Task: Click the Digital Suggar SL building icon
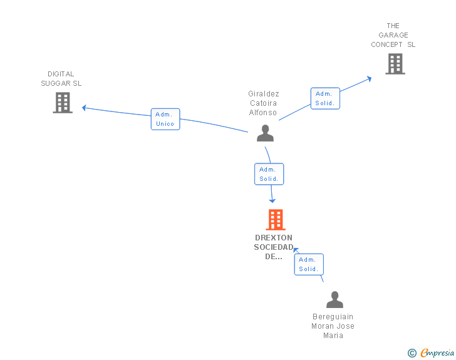click(63, 103)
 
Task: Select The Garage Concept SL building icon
click(395, 64)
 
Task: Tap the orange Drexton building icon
click(275, 220)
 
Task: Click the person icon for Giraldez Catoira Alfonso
click(265, 133)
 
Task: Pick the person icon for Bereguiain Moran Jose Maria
click(334, 300)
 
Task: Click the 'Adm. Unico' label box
click(165, 119)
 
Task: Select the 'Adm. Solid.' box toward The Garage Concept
click(325, 98)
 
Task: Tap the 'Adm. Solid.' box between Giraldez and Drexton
click(269, 174)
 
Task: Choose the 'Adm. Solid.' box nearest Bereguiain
click(308, 264)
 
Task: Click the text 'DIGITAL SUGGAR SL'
click(61, 79)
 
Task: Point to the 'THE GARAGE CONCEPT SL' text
click(393, 35)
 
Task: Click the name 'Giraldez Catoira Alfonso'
click(263, 103)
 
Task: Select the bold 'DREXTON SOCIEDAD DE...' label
click(274, 247)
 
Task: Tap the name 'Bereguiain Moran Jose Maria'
click(333, 326)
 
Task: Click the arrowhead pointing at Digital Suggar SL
click(85, 108)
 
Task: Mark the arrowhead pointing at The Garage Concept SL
click(369, 78)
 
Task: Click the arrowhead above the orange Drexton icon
click(272, 200)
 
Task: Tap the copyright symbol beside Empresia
click(412, 353)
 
